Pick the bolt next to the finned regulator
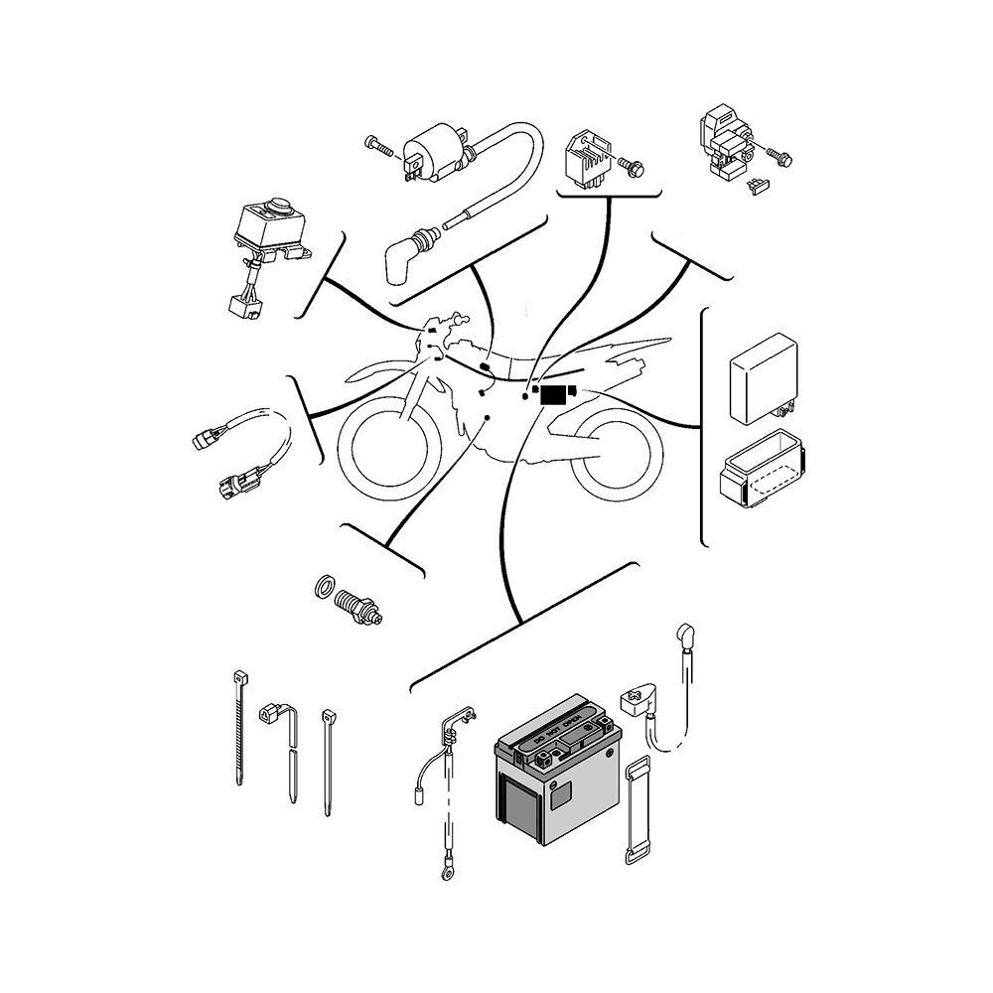(633, 169)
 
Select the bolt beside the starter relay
(781, 156)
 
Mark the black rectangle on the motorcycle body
(552, 395)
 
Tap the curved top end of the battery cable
(685, 635)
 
